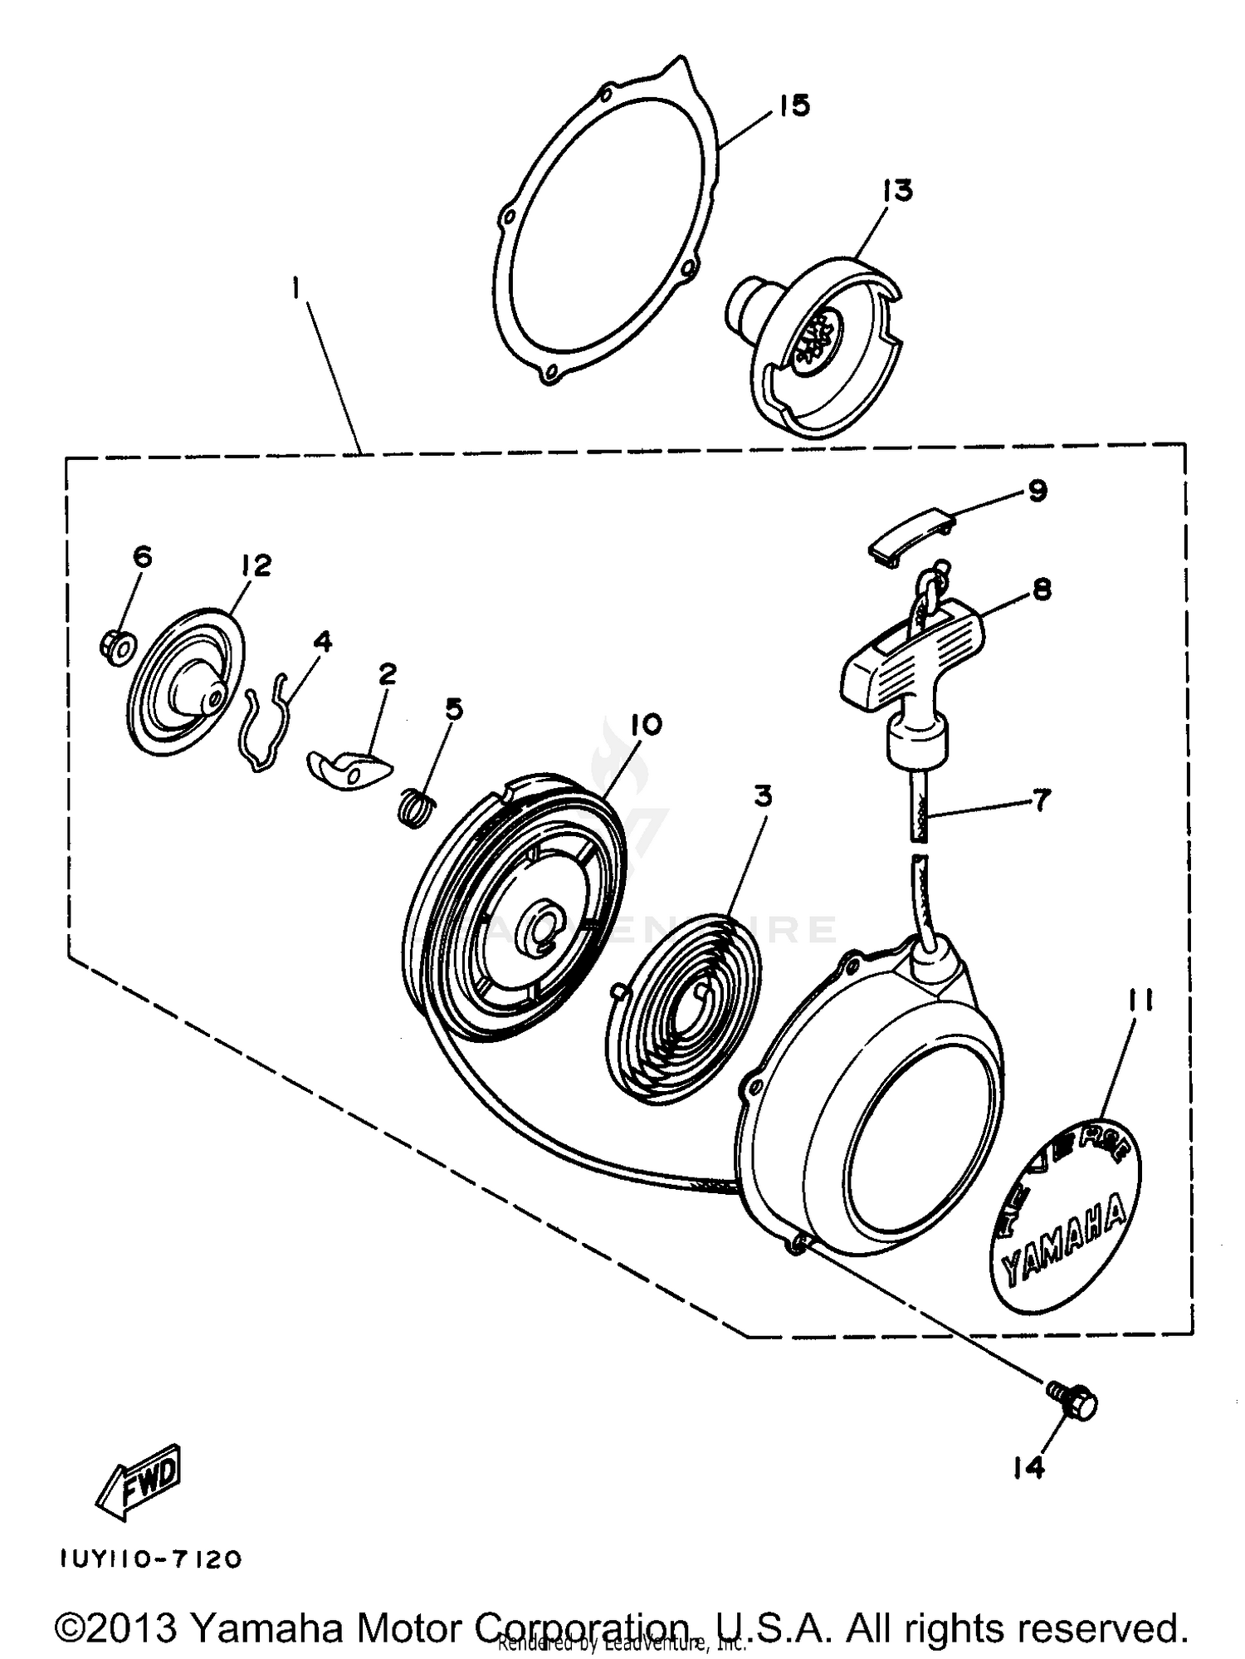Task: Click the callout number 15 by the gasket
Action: coord(794,106)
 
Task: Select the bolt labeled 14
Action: coord(1074,1403)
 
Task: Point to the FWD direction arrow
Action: coord(139,1481)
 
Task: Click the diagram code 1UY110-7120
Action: coord(150,1559)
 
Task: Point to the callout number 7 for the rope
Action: coord(1041,800)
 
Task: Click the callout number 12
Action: coord(257,565)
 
